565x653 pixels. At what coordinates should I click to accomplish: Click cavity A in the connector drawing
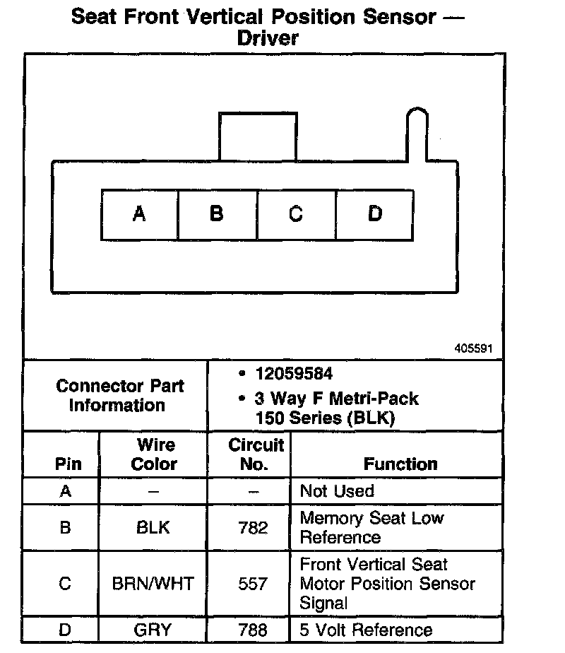pyautogui.click(x=139, y=213)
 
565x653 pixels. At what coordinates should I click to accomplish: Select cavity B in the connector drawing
pyautogui.click(x=218, y=213)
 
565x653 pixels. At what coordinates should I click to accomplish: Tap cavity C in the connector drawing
pyautogui.click(x=297, y=213)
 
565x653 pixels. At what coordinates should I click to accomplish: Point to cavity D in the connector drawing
pyautogui.click(x=375, y=213)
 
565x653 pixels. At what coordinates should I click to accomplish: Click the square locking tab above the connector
pyautogui.click(x=257, y=136)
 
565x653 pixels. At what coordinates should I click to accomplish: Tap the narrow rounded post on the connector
pyautogui.click(x=416, y=134)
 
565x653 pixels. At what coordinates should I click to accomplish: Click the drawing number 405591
pyautogui.click(x=473, y=348)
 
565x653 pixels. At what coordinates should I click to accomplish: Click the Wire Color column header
pyautogui.click(x=155, y=454)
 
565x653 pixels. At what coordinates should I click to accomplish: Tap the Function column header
pyautogui.click(x=400, y=464)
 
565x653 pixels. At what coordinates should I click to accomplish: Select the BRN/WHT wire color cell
pyautogui.click(x=153, y=584)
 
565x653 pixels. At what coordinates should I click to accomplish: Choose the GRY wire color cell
pyautogui.click(x=153, y=630)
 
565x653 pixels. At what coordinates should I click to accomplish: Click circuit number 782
pyautogui.click(x=253, y=527)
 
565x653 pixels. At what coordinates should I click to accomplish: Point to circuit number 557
pyautogui.click(x=253, y=584)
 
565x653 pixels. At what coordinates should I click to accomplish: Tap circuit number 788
pyautogui.click(x=253, y=630)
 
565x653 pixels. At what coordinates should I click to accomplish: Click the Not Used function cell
pyautogui.click(x=337, y=490)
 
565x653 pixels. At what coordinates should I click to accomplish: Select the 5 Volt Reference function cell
pyautogui.click(x=366, y=630)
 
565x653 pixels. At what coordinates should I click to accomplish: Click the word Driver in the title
pyautogui.click(x=268, y=38)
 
